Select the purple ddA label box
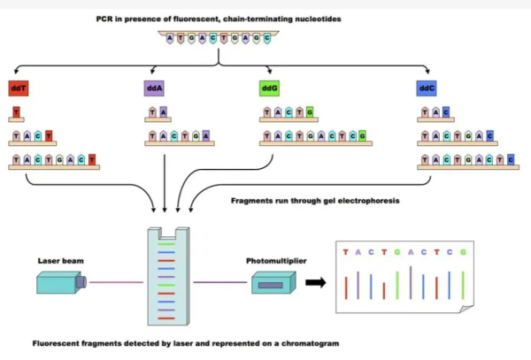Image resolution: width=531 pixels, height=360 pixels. pyautogui.click(x=154, y=88)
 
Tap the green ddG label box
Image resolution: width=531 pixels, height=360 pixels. pyautogui.click(x=270, y=88)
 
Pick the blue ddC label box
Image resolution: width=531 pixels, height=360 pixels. pyautogui.click(x=427, y=88)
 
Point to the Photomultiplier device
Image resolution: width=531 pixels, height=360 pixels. pyautogui.click(x=270, y=284)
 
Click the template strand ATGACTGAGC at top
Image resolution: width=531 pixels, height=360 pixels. pyautogui.click(x=219, y=40)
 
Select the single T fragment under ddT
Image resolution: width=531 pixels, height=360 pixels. pyautogui.click(x=17, y=112)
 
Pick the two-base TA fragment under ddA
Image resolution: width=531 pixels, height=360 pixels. pyautogui.click(x=158, y=112)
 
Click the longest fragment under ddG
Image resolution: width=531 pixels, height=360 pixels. pyautogui.click(x=312, y=137)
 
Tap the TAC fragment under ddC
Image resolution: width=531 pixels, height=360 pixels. pyautogui.click(x=435, y=112)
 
